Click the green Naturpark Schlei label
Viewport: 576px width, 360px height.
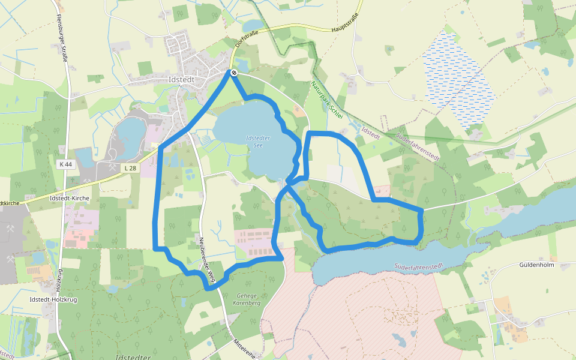click(x=326, y=101)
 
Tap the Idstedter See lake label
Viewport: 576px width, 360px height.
click(x=259, y=142)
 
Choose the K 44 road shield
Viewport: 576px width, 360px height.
click(x=67, y=164)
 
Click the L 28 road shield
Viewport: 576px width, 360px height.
click(x=130, y=168)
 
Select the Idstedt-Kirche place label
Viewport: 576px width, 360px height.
click(x=70, y=197)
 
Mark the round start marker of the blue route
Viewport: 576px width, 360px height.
click(x=233, y=73)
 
